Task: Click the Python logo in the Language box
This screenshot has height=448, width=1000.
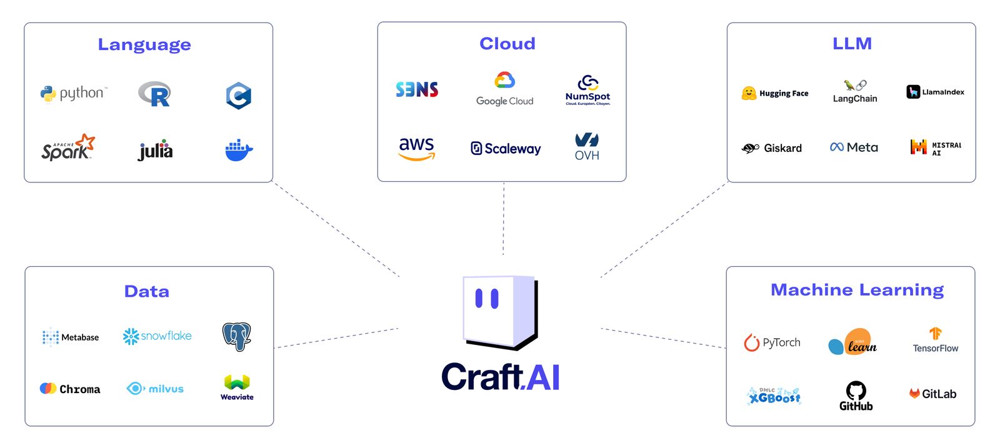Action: (73, 94)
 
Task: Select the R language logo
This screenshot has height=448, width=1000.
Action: (154, 94)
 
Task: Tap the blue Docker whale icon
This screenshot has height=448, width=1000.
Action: (239, 151)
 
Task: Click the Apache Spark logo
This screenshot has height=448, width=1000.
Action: (67, 148)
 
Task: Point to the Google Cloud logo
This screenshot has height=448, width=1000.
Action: (504, 89)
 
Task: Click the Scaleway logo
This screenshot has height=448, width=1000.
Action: (506, 149)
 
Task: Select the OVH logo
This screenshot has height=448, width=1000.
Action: (587, 147)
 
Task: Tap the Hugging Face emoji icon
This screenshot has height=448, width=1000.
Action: (749, 94)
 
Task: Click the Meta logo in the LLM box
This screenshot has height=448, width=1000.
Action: (854, 147)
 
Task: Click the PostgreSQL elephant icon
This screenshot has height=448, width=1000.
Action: (237, 336)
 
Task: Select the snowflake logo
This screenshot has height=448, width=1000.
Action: (157, 336)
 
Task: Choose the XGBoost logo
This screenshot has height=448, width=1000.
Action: (774, 396)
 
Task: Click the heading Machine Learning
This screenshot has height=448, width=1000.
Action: (857, 290)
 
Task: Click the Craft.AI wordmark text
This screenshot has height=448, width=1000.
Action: (500, 377)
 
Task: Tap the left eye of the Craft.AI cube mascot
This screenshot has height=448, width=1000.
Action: (479, 299)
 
